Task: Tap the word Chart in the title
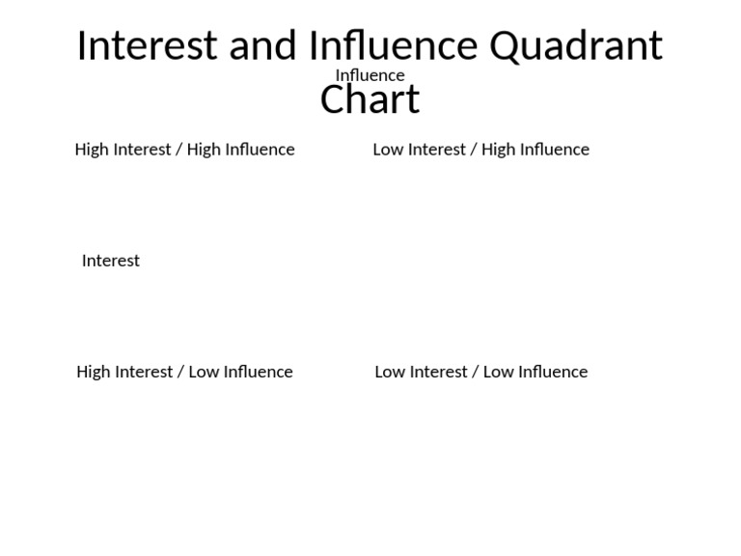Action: tap(370, 99)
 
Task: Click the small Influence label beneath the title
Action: tap(370, 75)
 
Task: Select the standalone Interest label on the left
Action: tap(111, 261)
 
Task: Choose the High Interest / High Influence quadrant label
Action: tap(184, 150)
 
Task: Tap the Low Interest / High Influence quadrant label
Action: tap(480, 150)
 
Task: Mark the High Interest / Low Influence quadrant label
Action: tap(184, 372)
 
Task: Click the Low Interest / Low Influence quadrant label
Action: tap(480, 372)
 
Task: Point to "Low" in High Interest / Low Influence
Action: tap(204, 372)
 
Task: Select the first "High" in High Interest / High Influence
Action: tap(92, 150)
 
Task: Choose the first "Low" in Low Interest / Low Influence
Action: tap(390, 372)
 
